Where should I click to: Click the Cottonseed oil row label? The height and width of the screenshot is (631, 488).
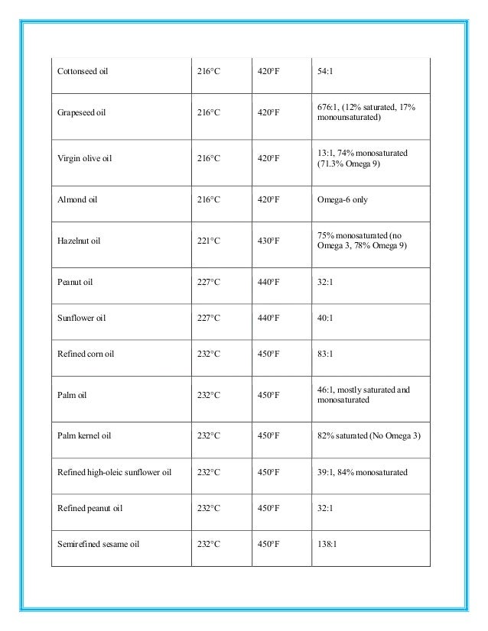[83, 72]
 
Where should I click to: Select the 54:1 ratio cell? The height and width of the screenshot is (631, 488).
[325, 72]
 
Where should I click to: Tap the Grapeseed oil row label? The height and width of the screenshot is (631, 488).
[81, 112]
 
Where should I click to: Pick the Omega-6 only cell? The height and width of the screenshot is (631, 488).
[341, 199]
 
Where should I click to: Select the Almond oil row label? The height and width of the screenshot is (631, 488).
[77, 199]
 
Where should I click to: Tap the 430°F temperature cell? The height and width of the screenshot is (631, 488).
[268, 241]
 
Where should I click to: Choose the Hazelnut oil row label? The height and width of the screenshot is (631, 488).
[79, 241]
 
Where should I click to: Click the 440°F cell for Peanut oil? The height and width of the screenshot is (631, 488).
[268, 281]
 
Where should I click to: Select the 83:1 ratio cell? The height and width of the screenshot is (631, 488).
[325, 354]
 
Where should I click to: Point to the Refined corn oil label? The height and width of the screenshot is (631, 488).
[86, 354]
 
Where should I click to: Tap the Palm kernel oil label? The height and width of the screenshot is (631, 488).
[85, 435]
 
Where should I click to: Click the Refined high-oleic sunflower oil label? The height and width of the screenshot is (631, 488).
[115, 472]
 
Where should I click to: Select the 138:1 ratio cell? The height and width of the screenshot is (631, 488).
[327, 545]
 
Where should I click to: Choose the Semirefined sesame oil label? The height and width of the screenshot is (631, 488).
[98, 545]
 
